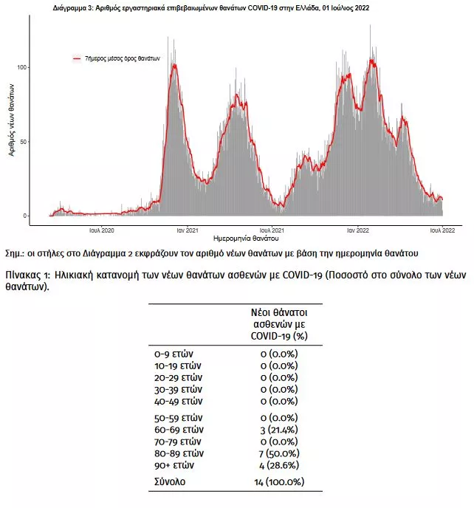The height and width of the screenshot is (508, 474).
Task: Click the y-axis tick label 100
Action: pyautogui.click(x=21, y=67)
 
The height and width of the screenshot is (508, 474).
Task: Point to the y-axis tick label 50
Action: pyautogui.click(x=23, y=142)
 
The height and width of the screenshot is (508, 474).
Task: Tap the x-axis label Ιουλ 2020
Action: pyautogui.click(x=102, y=230)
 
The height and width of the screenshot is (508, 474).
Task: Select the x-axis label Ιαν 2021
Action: pyautogui.click(x=188, y=230)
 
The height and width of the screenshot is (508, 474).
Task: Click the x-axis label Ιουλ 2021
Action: pyautogui.click(x=272, y=230)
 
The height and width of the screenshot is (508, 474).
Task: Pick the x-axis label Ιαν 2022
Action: pyautogui.click(x=357, y=230)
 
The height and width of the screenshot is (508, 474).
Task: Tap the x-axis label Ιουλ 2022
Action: pyautogui.click(x=442, y=230)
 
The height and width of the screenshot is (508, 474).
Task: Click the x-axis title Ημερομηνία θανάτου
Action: pyautogui.click(x=246, y=238)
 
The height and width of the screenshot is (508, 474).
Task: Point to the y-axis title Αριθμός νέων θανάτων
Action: pyautogui.click(x=12, y=120)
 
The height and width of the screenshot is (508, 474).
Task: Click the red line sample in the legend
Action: pyautogui.click(x=77, y=58)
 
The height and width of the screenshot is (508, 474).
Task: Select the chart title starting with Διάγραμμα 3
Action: pyautogui.click(x=211, y=8)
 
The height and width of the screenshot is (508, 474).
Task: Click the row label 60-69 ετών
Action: pyautogui.click(x=179, y=430)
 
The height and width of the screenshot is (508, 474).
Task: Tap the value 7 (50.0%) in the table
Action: pyautogui.click(x=279, y=453)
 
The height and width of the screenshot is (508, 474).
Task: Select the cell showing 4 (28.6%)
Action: pyautogui.click(x=279, y=465)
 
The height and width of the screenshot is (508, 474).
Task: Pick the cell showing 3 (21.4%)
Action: pyautogui.click(x=279, y=430)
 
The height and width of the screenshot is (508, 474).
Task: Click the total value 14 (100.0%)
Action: pyautogui.click(x=279, y=481)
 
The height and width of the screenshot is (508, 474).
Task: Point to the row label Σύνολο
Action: pyautogui.click(x=170, y=481)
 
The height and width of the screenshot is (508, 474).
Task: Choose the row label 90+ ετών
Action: pyautogui.click(x=174, y=465)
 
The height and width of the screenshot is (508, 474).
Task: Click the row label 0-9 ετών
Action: pyautogui.click(x=174, y=354)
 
